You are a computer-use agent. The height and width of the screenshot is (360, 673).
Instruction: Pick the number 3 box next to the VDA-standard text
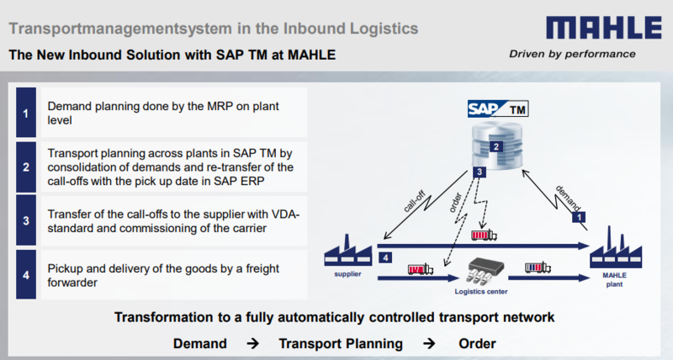point(25,220)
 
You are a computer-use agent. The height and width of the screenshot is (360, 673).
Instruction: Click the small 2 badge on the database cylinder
point(496,147)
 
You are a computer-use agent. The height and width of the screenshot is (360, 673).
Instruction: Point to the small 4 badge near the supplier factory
point(385,257)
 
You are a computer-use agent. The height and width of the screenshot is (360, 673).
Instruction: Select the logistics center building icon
point(484,273)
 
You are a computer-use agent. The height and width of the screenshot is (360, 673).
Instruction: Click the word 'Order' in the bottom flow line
point(477,344)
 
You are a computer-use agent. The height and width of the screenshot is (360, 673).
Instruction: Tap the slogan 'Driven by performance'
point(573,55)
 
